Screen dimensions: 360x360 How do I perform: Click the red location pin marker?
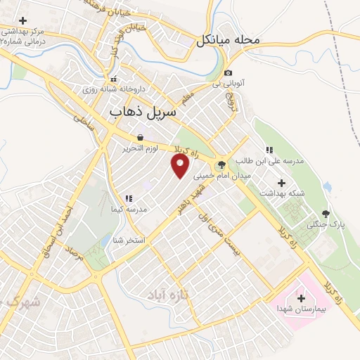(x=181, y=165)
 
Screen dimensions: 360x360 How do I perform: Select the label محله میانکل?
(x=229, y=40)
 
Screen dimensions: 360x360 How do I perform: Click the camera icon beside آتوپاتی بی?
(x=228, y=73)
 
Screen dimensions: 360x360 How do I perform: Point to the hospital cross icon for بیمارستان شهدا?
(x=301, y=298)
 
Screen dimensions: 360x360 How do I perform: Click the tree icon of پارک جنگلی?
(x=325, y=214)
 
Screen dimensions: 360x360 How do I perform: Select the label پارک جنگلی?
(x=322, y=225)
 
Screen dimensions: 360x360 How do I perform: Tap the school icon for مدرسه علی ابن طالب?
(x=268, y=150)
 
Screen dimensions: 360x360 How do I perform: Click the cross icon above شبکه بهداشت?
(x=281, y=182)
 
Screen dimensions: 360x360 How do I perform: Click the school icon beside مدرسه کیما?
(x=127, y=199)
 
